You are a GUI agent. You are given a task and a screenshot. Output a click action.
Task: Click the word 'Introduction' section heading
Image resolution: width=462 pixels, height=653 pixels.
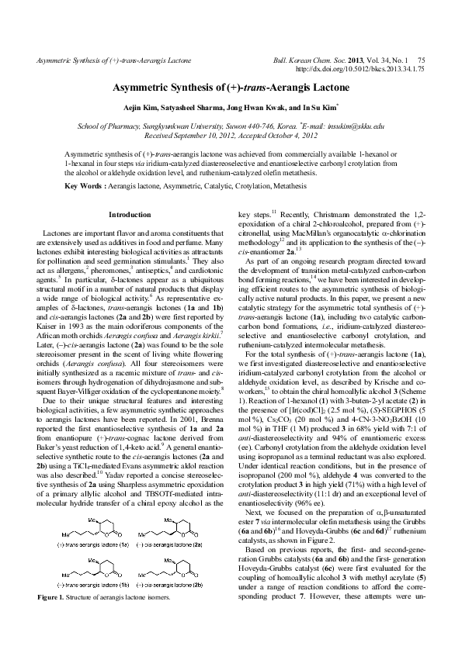pos(130,214)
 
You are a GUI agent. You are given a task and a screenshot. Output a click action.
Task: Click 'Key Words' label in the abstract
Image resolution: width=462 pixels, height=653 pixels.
pos(82,186)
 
